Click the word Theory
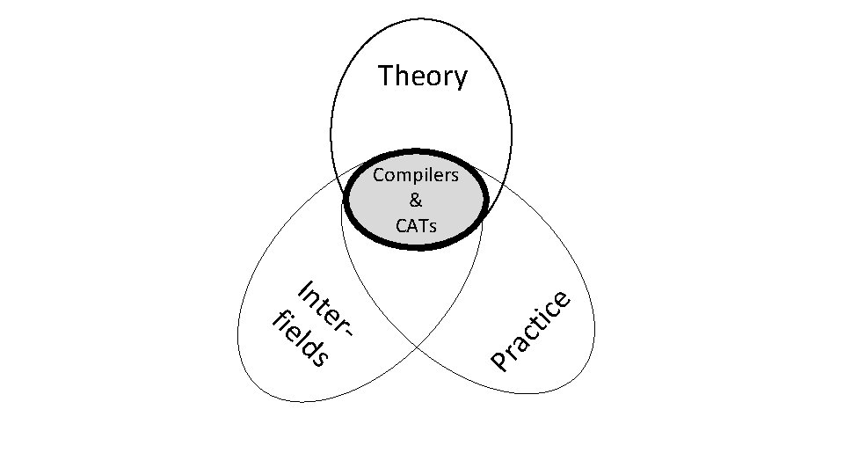(x=423, y=77)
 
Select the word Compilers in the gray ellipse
(x=415, y=175)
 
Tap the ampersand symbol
(x=415, y=201)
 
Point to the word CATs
(x=415, y=225)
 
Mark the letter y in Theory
(x=460, y=80)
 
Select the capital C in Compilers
(x=379, y=175)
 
